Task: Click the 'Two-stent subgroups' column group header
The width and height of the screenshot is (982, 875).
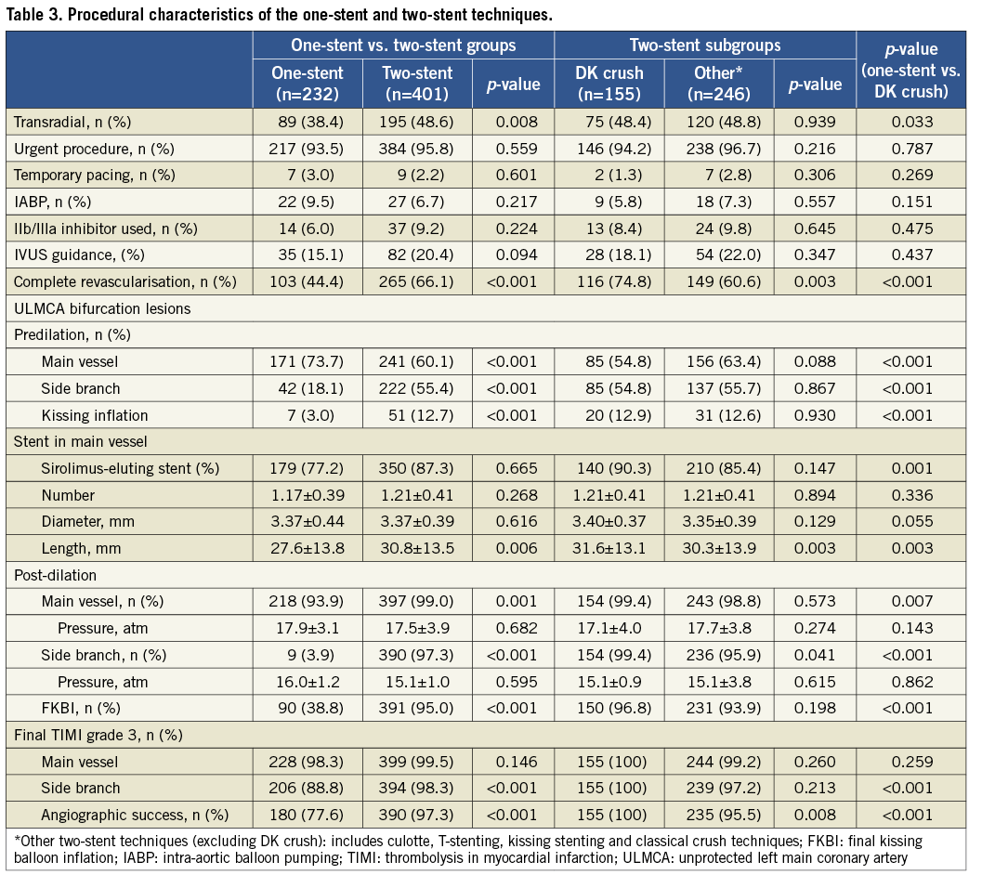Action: click(705, 46)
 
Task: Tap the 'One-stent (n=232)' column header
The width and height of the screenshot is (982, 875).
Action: click(307, 83)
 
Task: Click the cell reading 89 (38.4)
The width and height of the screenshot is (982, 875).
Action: click(307, 122)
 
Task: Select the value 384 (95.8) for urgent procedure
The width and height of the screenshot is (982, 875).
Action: click(417, 149)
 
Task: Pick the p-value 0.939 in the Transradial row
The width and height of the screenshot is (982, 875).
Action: click(815, 122)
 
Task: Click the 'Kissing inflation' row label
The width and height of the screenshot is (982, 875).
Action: click(94, 415)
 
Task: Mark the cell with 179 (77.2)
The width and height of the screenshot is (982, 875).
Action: click(307, 468)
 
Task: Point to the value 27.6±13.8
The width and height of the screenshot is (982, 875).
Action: click(307, 548)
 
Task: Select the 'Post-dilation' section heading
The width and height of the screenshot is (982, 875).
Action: click(54, 575)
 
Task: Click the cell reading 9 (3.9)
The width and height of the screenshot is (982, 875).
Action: click(307, 655)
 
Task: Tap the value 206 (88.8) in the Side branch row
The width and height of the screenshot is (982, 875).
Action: click(307, 789)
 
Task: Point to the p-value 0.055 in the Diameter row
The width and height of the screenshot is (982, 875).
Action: click(914, 522)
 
